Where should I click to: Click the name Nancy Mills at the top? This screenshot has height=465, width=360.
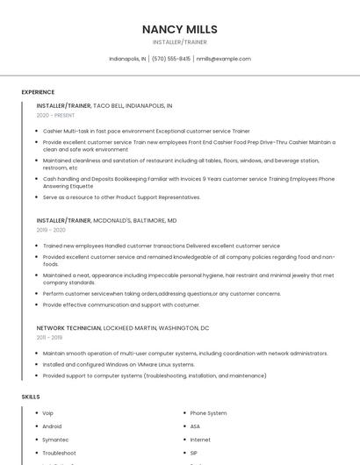coord(179,29)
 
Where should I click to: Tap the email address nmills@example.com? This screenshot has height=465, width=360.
coord(223,59)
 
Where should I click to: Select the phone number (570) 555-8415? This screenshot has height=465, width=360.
coord(170,59)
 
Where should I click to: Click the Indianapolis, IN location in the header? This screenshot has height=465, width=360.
coord(127,59)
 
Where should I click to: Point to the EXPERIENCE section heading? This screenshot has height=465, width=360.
coord(38,92)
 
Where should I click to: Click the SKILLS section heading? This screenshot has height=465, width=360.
coord(31,397)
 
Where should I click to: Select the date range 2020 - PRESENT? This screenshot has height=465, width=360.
coord(55,115)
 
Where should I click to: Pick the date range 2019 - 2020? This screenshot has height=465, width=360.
coord(51,230)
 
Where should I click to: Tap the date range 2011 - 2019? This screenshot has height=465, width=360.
coord(49,337)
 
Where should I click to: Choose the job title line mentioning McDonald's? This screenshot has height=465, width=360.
coord(106,220)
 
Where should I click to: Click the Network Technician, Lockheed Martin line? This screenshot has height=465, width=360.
coord(123,327)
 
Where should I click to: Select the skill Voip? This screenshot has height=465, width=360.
coord(48,412)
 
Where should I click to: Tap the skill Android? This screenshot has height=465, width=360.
coord(52,426)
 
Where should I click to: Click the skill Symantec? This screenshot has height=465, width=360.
coord(55,440)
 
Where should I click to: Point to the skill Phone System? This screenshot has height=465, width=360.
coord(208,412)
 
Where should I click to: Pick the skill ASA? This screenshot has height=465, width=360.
coord(195,426)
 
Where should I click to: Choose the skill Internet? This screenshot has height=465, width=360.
coord(200,440)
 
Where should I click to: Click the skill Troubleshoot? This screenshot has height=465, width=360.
coord(59,453)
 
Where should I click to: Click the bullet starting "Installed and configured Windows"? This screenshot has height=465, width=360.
coord(119,364)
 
